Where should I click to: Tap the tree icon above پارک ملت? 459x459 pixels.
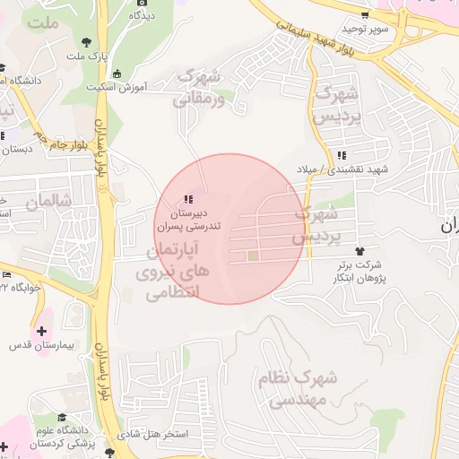tap(86, 41)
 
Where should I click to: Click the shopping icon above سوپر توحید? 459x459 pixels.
tap(364, 15)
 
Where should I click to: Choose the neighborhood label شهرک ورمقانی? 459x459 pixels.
tap(199, 87)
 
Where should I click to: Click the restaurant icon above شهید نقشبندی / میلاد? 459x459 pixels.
tap(342, 157)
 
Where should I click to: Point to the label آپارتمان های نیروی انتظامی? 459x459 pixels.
tap(169, 270)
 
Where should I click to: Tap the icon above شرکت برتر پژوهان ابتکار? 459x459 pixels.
tap(360, 251)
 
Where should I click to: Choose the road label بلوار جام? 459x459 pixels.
tap(68, 143)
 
